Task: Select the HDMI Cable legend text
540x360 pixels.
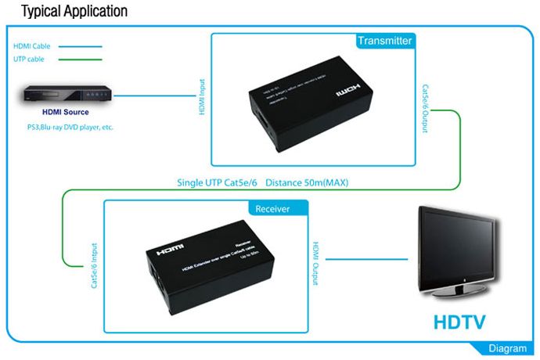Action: pyautogui.click(x=31, y=46)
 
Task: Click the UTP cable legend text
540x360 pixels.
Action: pyautogui.click(x=29, y=59)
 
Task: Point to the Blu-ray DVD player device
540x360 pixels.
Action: pyautogui.click(x=64, y=95)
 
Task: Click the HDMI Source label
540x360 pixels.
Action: pyautogui.click(x=65, y=113)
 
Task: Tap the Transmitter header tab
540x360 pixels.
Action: pyautogui.click(x=383, y=41)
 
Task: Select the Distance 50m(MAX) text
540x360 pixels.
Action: pyautogui.click(x=307, y=183)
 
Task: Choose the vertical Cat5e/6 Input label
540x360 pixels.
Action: pyautogui.click(x=94, y=269)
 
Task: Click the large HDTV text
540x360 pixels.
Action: pyautogui.click(x=460, y=322)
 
